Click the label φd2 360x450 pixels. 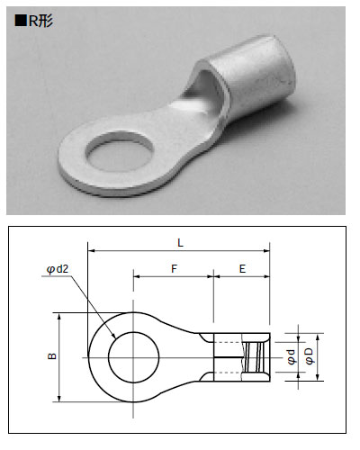[x=57, y=267]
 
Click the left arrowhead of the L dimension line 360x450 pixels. [x=92, y=249]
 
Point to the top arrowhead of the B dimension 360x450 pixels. [x=58, y=316]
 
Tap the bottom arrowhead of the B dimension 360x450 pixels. [x=58, y=398]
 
